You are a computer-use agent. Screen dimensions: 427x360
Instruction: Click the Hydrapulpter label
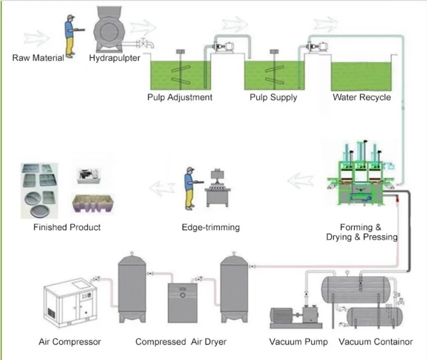[x=115, y=58]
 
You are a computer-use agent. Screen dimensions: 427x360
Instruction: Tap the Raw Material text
[x=38, y=58]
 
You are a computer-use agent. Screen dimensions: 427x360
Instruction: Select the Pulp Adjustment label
[x=180, y=97]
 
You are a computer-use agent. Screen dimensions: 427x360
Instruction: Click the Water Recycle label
[x=362, y=97]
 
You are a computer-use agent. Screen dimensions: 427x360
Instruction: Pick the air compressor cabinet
[x=70, y=302]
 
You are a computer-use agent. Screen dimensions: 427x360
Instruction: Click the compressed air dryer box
[x=182, y=303]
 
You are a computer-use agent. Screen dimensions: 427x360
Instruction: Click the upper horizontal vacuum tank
[x=356, y=290]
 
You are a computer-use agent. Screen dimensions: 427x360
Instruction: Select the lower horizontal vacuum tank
[x=374, y=317]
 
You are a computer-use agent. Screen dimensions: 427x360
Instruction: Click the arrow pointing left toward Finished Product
[x=162, y=188]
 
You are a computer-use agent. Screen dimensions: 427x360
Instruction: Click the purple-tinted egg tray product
[x=93, y=203]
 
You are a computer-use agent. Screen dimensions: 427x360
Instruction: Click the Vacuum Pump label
[x=298, y=342]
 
